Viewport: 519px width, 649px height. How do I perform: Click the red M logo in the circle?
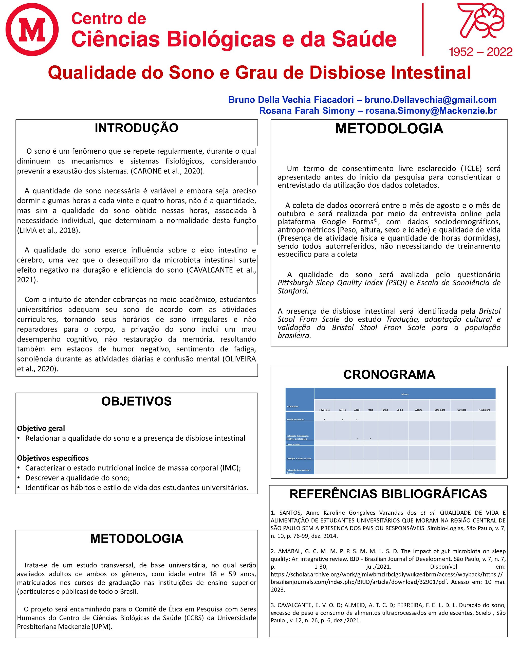pos(32,29)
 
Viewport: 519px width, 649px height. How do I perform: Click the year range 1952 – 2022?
pos(480,52)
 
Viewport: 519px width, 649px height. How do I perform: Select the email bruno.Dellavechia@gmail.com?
pos(430,100)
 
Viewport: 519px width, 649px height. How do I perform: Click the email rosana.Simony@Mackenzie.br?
pos(431,111)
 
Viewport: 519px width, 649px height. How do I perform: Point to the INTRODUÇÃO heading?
pos(136,128)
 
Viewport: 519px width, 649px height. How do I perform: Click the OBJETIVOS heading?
pos(136,401)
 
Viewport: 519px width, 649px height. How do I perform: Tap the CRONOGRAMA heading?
pos(389,375)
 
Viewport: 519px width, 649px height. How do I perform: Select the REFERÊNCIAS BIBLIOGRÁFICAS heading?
pos(388,494)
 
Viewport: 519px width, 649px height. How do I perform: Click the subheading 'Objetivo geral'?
pos(41,428)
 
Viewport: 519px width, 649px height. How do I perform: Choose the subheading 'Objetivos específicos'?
pos(53,458)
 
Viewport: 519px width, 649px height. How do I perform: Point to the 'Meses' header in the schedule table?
pos(405,394)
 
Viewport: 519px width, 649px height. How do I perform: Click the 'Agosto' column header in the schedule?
pos(418,410)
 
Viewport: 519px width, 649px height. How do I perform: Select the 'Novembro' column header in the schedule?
pos(484,410)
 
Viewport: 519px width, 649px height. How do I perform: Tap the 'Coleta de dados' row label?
pos(293,444)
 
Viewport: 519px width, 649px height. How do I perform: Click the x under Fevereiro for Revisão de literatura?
pos(324,419)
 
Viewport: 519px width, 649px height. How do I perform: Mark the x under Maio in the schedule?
pos(370,439)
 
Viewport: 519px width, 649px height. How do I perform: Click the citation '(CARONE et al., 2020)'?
pos(168,171)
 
